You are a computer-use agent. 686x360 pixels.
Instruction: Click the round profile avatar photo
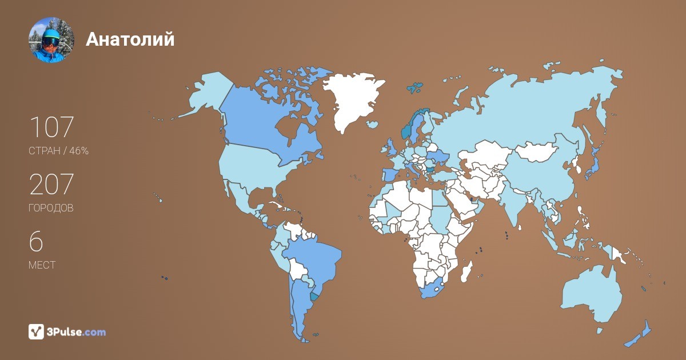tap(51, 39)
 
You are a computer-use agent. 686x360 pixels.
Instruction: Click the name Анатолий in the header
tap(130, 39)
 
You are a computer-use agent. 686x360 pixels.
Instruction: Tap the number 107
tap(51, 127)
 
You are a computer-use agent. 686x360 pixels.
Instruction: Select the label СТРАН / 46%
tap(58, 151)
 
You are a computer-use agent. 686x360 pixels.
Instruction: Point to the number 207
tap(51, 185)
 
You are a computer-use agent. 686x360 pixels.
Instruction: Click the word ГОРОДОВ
tap(51, 208)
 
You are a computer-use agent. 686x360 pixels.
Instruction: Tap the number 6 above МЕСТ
tap(36, 242)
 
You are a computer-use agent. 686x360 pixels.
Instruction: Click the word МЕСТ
tap(42, 265)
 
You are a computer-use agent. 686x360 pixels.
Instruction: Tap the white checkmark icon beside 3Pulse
tap(37, 331)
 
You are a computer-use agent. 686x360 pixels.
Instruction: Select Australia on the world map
tap(592, 294)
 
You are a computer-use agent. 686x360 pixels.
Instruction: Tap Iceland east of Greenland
tap(373, 124)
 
